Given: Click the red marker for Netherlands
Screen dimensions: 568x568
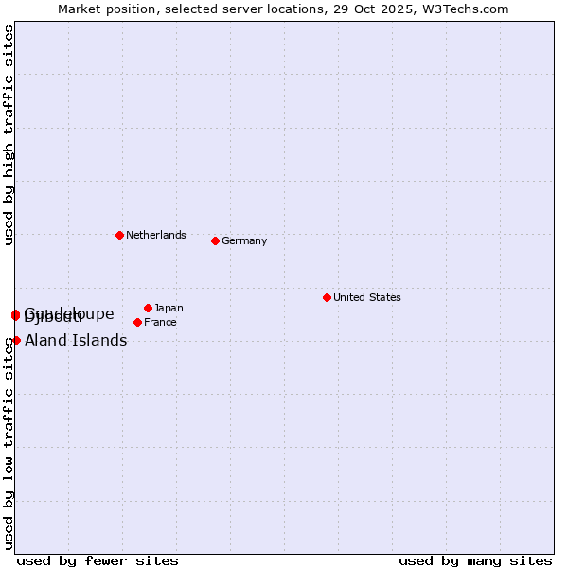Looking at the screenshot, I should click(x=119, y=235).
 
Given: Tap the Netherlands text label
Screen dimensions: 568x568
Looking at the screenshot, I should click(x=156, y=235).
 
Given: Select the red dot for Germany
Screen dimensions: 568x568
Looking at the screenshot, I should click(x=215, y=240).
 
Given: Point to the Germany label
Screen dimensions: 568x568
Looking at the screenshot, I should click(x=244, y=240).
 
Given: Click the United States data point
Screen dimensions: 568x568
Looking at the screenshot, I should click(x=327, y=297).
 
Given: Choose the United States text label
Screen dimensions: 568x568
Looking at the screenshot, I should click(x=367, y=297).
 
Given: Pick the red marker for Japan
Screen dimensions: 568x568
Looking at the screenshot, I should click(x=148, y=308).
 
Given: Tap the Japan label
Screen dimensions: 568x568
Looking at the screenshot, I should click(x=169, y=308).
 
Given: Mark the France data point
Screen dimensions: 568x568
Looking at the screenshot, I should click(x=137, y=322).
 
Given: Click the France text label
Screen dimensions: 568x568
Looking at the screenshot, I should click(x=160, y=322).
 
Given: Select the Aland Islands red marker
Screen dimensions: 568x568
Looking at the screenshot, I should click(x=16, y=340).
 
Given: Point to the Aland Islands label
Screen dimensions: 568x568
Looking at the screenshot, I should click(x=76, y=341).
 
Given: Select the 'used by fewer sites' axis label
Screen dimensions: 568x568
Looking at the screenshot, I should click(x=98, y=560).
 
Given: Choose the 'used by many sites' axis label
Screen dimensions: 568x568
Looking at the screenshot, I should click(x=475, y=560).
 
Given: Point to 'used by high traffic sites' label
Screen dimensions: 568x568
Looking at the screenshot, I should click(x=9, y=134).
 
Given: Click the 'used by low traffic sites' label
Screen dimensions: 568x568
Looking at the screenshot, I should click(x=9, y=442).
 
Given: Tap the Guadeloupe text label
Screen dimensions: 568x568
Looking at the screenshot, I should click(x=90, y=311).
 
